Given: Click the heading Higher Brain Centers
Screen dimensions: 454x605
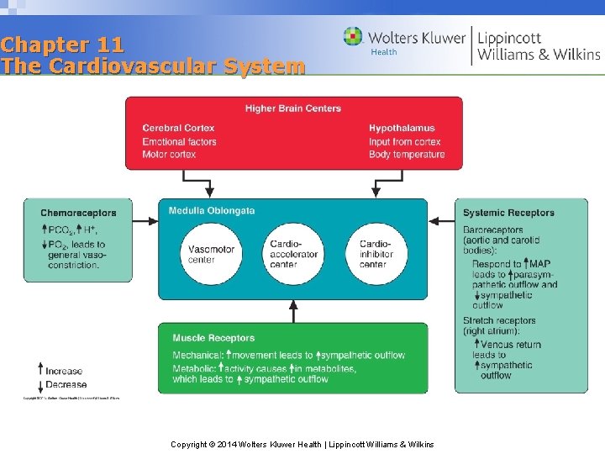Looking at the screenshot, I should click(x=293, y=108).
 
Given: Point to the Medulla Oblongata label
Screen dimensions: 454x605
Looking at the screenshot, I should click(x=212, y=211).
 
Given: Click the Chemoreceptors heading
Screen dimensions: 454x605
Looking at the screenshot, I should click(x=78, y=213).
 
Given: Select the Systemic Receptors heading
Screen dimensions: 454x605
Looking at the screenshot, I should click(x=508, y=213).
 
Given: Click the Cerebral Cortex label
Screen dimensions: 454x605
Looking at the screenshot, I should click(x=178, y=129).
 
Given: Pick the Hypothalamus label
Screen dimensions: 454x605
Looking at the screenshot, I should click(x=402, y=129).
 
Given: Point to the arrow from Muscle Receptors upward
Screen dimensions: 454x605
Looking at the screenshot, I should click(x=293, y=310).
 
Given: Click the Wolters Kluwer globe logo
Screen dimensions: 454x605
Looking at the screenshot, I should click(x=353, y=37).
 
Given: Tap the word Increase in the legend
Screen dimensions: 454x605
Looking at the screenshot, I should click(x=65, y=371).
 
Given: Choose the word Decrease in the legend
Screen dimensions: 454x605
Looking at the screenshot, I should click(x=66, y=385).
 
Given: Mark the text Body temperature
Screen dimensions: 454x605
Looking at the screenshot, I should click(x=407, y=155).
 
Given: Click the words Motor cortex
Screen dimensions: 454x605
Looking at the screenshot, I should click(x=169, y=155).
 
